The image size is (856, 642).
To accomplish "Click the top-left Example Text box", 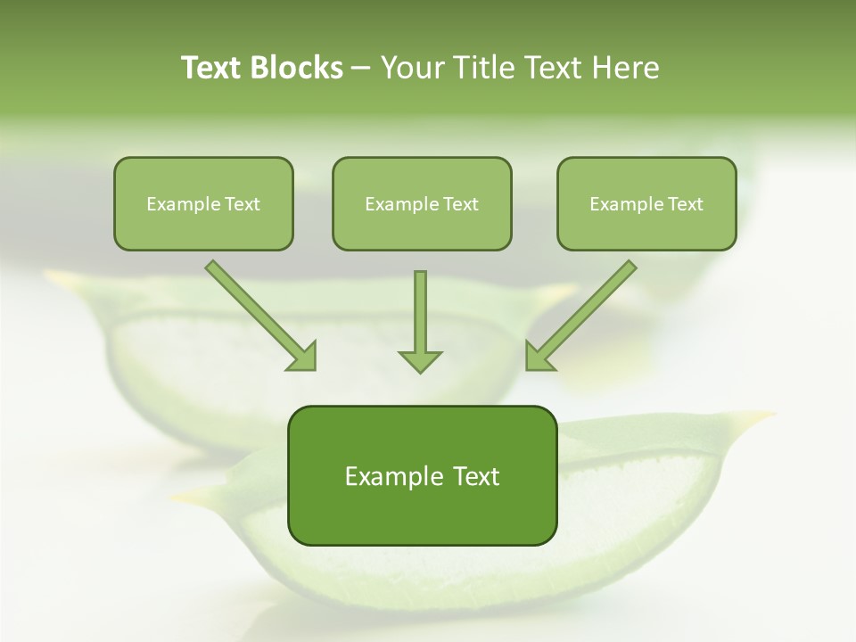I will coord(203,203).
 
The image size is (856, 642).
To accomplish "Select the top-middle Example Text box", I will coord(422,203).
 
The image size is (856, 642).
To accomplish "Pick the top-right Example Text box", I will coord(646,203).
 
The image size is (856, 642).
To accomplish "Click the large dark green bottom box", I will coord(422,475).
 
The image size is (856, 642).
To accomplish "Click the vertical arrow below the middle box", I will coord(420,312).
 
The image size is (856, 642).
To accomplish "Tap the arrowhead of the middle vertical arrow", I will coord(420,359).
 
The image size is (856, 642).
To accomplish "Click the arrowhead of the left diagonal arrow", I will coord(302,356).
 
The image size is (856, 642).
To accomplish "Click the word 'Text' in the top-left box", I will coord(243,203).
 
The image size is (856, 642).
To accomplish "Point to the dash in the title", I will coord(361,68).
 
